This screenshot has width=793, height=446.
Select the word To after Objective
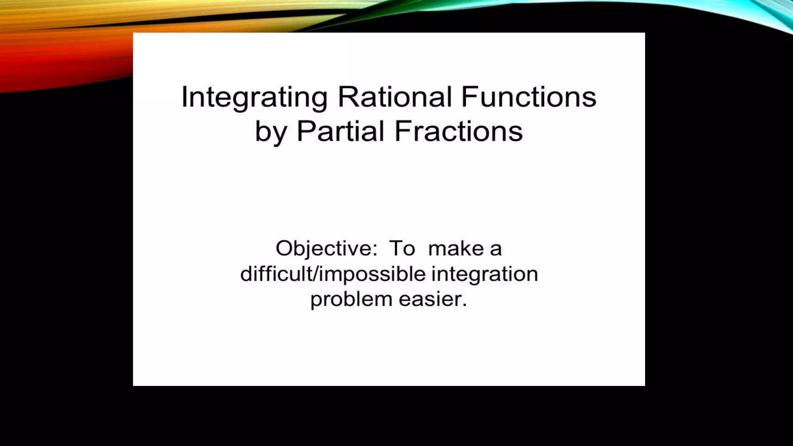[x=402, y=249]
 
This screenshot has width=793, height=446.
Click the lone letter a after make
[x=496, y=249]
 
